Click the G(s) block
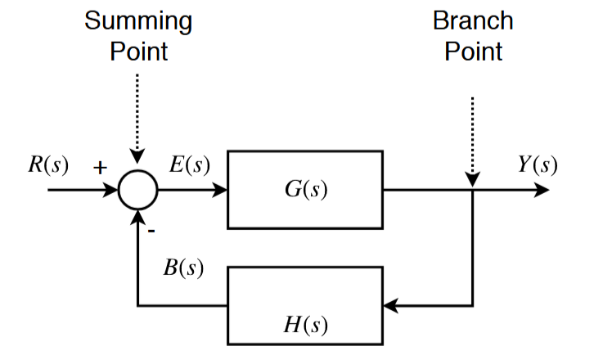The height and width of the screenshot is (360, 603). click(x=305, y=190)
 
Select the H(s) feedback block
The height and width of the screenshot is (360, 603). click(x=305, y=305)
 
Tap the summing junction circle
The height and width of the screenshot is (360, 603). click(x=137, y=191)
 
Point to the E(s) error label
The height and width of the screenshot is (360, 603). click(x=190, y=164)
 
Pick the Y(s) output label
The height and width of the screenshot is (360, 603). click(x=538, y=164)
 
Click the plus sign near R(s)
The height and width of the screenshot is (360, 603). click(x=99, y=169)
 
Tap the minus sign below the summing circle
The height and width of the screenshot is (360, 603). click(x=152, y=230)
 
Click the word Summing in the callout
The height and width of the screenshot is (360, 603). click(x=138, y=20)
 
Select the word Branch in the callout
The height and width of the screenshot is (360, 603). click(x=473, y=20)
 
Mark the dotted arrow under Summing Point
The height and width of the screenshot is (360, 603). click(x=137, y=115)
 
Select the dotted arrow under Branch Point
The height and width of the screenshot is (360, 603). click(x=473, y=135)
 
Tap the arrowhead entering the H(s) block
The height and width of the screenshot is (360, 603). click(x=391, y=306)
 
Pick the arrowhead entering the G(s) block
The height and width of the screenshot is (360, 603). click(x=220, y=191)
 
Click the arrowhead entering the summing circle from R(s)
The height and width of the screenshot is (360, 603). click(x=112, y=191)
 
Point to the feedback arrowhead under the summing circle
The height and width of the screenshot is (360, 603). click(x=137, y=216)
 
